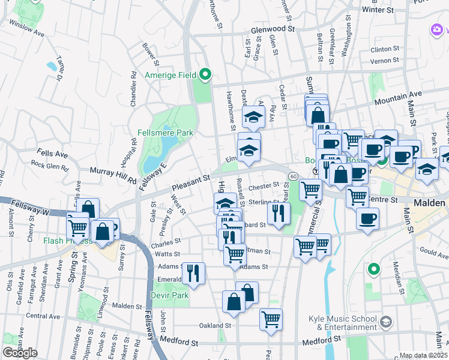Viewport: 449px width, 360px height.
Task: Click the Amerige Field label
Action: [x=170, y=76]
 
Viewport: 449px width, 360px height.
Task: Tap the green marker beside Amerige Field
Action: [x=205, y=75]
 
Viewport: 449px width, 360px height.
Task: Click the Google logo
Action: [x=20, y=352]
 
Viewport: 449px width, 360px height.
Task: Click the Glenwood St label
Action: [x=274, y=29]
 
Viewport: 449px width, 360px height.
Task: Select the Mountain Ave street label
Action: [x=399, y=95]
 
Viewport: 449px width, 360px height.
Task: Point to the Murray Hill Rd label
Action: [x=113, y=174]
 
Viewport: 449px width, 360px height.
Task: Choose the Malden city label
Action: [x=430, y=203]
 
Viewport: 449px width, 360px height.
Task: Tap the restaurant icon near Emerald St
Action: [x=194, y=273]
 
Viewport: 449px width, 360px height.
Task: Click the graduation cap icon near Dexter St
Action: [x=254, y=116]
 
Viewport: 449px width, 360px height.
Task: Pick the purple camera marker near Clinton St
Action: [x=436, y=29]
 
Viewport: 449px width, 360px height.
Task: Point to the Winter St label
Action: [x=378, y=10]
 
